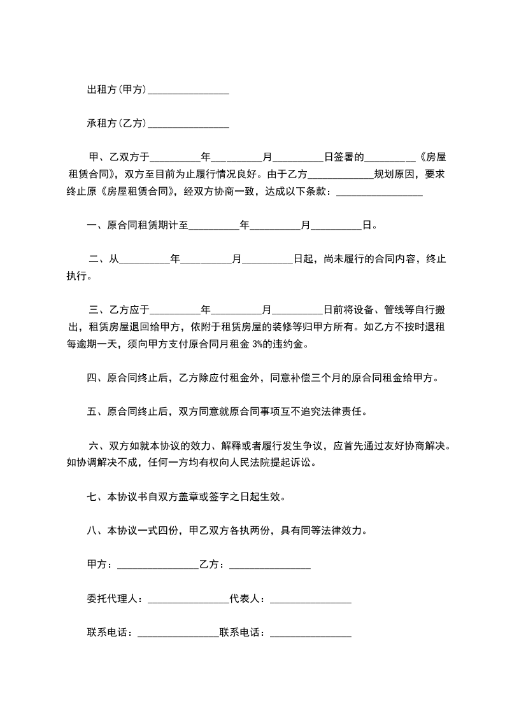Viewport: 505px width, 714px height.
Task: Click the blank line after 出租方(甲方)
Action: point(188,91)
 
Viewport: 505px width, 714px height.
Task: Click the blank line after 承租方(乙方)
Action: point(188,123)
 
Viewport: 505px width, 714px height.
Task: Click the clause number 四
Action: point(91,378)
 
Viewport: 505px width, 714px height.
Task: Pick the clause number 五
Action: point(91,411)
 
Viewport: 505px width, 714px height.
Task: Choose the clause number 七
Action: point(91,496)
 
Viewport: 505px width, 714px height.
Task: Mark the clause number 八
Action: point(91,530)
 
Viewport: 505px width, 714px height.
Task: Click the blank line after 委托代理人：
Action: point(187,599)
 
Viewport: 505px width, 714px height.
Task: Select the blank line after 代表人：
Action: point(311,599)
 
